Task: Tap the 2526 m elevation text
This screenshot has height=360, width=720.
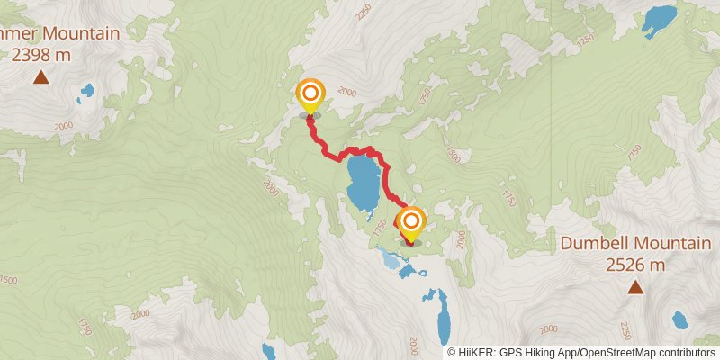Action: pyautogui.click(x=634, y=264)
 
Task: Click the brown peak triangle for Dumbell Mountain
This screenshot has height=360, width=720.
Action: pyautogui.click(x=635, y=288)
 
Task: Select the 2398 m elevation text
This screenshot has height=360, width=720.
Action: pyautogui.click(x=41, y=55)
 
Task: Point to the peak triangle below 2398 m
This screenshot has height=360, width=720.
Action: pyautogui.click(x=41, y=77)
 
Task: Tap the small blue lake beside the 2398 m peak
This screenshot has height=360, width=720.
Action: pyautogui.click(x=87, y=90)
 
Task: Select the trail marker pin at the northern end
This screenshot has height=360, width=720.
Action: pyautogui.click(x=310, y=95)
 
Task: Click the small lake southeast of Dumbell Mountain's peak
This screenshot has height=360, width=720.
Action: pyautogui.click(x=680, y=319)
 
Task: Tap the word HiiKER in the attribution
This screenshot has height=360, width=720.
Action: pyautogui.click(x=476, y=352)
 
